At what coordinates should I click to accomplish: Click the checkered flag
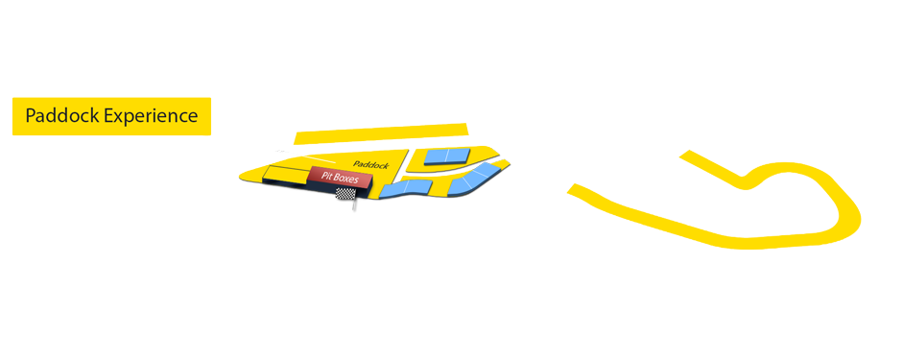(345, 194)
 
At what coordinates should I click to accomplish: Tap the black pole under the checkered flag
(354, 204)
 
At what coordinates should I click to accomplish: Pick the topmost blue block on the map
(448, 156)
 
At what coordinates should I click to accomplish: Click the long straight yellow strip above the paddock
(381, 132)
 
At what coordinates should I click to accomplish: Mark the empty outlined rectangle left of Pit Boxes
(286, 173)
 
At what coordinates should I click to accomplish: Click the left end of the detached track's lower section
(576, 189)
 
